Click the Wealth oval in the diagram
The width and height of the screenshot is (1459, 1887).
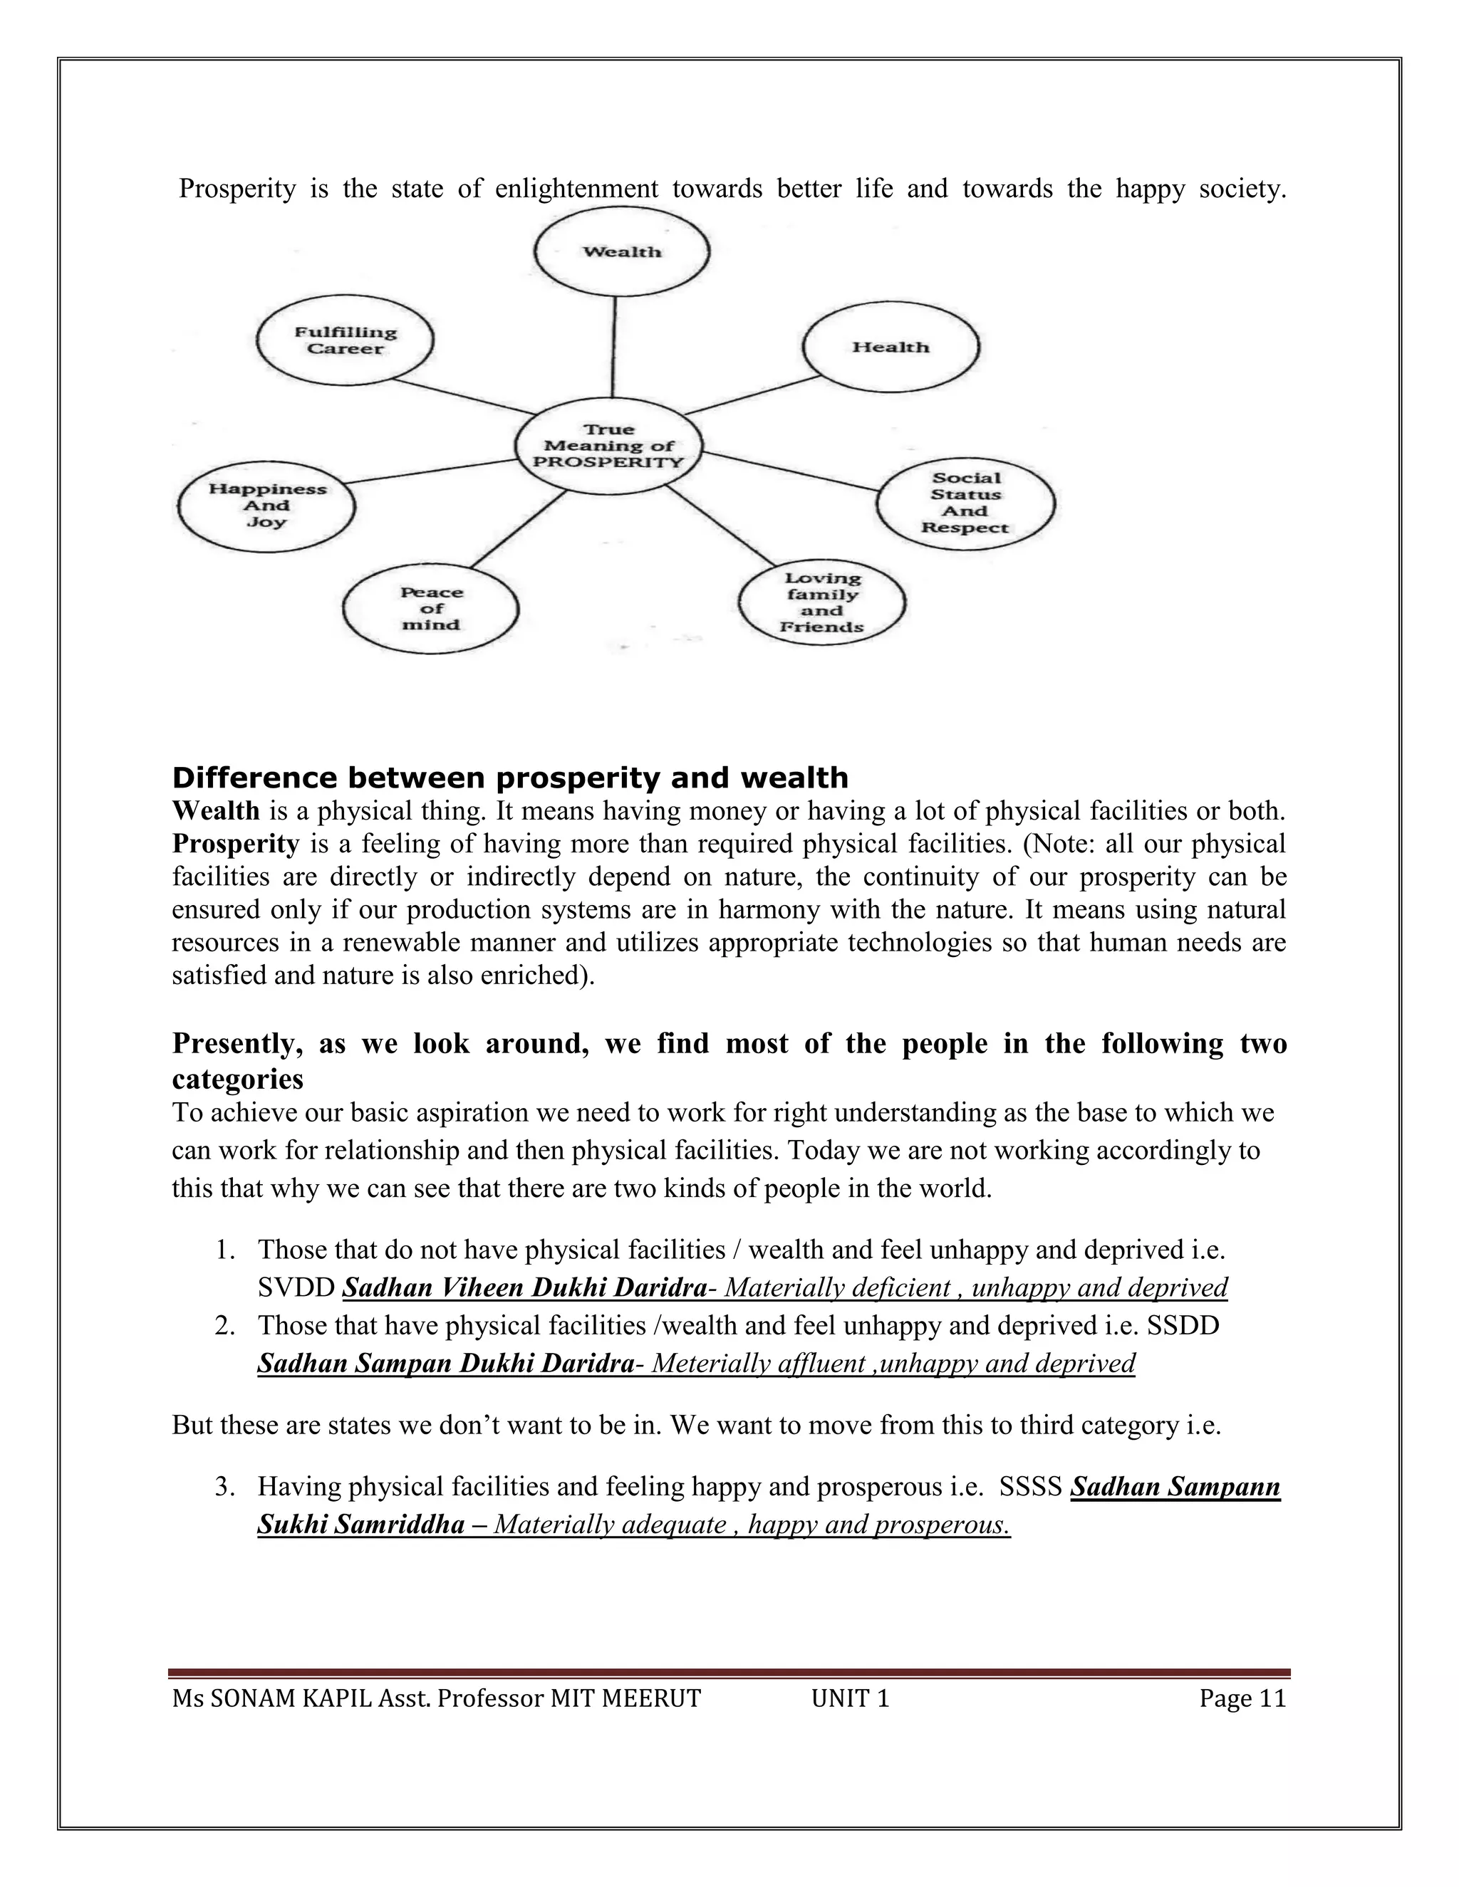click(621, 252)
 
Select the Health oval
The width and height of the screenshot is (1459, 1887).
click(891, 347)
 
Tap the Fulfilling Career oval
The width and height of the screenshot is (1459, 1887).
click(346, 340)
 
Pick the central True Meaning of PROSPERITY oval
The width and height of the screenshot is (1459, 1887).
click(608, 446)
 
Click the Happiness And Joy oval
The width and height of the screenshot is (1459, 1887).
click(266, 506)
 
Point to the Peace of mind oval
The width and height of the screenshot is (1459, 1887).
click(430, 608)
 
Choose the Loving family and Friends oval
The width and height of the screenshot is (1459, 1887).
click(822, 602)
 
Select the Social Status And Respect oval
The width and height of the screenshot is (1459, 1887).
click(965, 503)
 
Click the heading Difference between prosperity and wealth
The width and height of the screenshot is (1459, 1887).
click(510, 778)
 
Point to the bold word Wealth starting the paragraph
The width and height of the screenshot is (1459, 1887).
click(215, 810)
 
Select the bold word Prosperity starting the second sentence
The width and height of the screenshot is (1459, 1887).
click(235, 843)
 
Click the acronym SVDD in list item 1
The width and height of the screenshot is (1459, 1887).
click(296, 1288)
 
